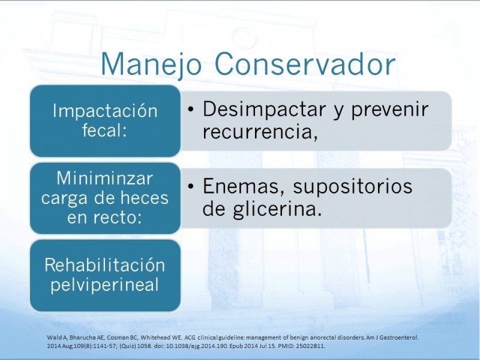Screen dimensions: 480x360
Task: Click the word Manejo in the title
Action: [x=151, y=65]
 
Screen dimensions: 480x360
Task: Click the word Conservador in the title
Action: [x=305, y=64]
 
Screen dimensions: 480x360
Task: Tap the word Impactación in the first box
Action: [x=105, y=110]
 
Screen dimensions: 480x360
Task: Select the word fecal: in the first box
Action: [x=104, y=130]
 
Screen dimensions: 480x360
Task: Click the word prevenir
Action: [x=389, y=109]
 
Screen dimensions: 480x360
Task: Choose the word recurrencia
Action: [x=258, y=132]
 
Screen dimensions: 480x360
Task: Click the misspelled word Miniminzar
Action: [x=105, y=178]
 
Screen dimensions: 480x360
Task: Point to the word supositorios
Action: [x=353, y=187]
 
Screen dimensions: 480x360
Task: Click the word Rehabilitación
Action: [x=105, y=265]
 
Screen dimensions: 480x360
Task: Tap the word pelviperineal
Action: [x=104, y=285]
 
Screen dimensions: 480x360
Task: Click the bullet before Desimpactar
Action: [x=191, y=109]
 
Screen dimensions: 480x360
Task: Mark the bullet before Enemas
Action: [x=191, y=186]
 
